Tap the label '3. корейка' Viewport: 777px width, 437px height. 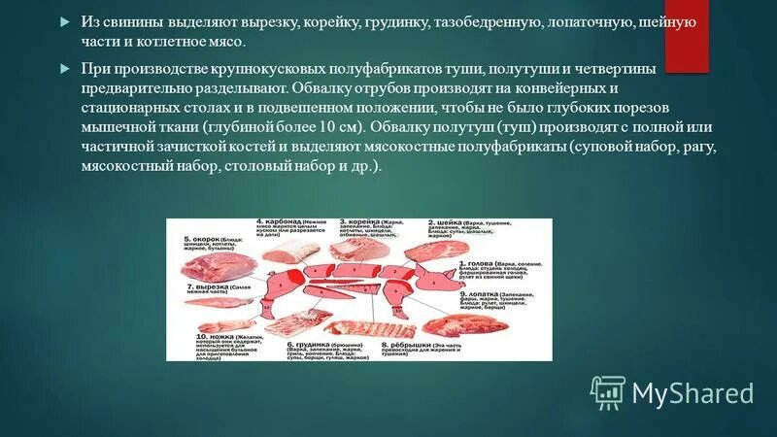[x=361, y=221]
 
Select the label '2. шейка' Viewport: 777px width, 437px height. [x=445, y=221]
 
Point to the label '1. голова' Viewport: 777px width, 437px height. [x=473, y=262]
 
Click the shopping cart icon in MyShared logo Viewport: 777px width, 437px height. [x=607, y=391]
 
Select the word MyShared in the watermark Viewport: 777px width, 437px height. [x=693, y=392]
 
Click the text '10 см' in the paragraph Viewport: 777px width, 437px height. [x=336, y=126]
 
